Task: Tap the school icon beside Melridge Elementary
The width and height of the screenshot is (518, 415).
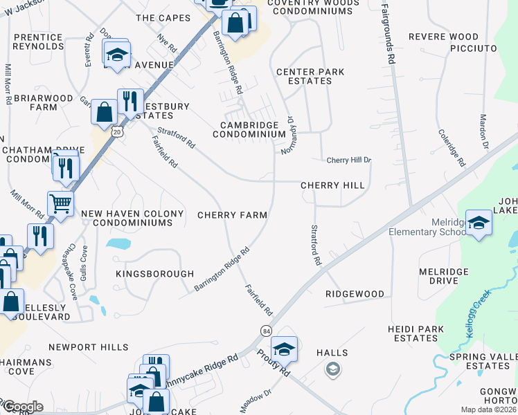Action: point(479,223)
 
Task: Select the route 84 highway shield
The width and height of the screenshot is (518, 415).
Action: point(266,331)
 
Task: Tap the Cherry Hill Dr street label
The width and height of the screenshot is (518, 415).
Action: point(349,160)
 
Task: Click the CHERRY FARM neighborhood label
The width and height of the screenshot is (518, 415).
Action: point(232,215)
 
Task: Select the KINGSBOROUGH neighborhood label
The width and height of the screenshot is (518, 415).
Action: point(155,274)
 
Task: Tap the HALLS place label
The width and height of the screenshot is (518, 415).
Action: point(332,353)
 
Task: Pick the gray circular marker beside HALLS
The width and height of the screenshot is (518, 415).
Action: point(332,369)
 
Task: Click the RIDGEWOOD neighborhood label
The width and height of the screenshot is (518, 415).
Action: point(355,294)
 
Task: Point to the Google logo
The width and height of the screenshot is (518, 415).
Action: point(22,407)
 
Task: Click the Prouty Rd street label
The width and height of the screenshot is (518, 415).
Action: point(274,362)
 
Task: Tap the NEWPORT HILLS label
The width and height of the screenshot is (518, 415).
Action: point(89,347)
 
